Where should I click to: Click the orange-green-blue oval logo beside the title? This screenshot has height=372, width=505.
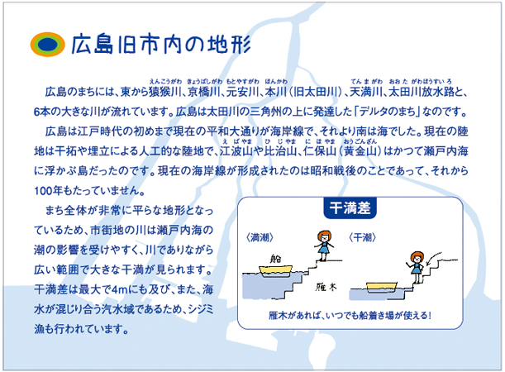tap(47, 45)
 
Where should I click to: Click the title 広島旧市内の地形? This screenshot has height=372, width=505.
tap(161, 44)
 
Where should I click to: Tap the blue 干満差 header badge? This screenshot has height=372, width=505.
tap(350, 208)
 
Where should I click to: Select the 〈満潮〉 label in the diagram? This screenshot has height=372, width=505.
tap(260, 238)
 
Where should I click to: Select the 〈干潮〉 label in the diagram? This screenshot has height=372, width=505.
tap(362, 238)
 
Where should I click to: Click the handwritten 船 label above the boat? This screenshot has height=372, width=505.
tap(276, 259)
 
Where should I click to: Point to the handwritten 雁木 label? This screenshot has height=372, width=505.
tap(326, 287)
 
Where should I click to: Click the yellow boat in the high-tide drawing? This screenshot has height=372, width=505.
tap(276, 271)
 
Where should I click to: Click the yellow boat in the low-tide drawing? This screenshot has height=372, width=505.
tap(382, 288)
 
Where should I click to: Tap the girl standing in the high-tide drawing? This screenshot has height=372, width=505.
tap(324, 246)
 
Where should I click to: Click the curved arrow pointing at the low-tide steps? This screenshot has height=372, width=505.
tap(434, 257)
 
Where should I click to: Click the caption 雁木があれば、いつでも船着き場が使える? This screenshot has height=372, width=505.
tap(350, 315)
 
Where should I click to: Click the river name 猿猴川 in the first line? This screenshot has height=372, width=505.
tap(165, 93)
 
